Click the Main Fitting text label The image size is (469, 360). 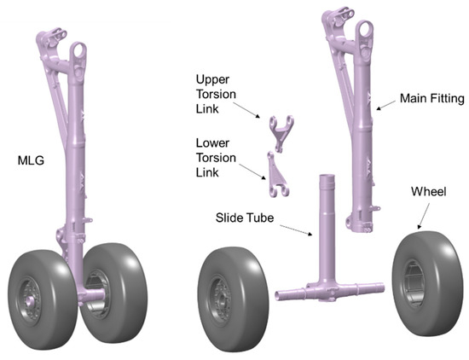coord(433,99)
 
